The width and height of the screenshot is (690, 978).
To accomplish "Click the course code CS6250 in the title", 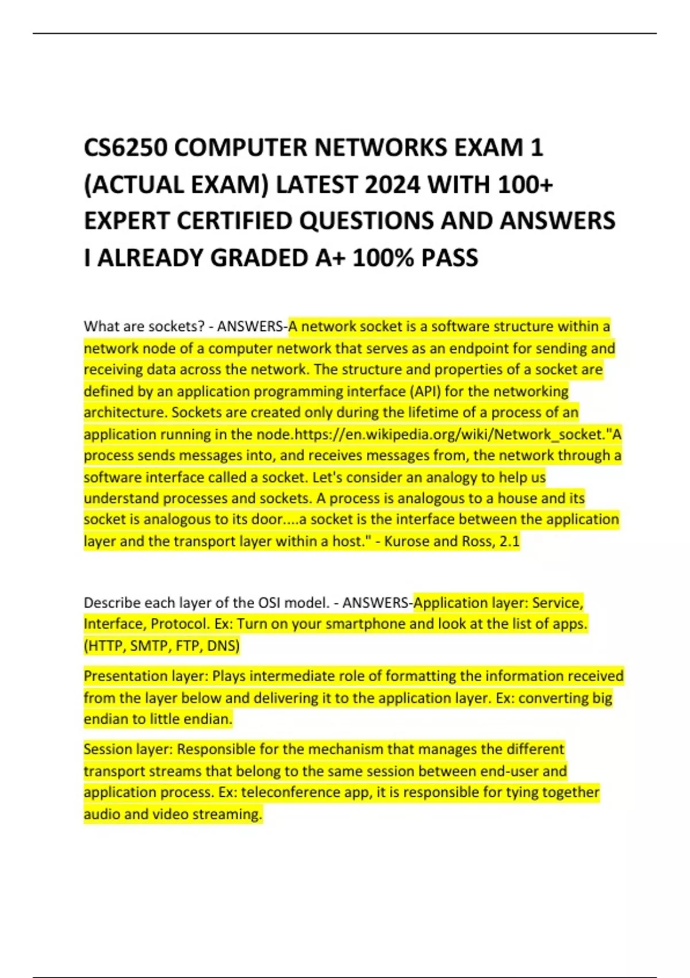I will pos(125,148).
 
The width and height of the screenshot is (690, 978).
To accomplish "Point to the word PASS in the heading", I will pos(449,258).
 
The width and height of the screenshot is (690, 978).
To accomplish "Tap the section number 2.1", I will pos(509,541).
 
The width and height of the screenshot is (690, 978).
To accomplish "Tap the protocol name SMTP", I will pos(150,646).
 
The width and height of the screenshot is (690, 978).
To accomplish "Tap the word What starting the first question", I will pos(98,327).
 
